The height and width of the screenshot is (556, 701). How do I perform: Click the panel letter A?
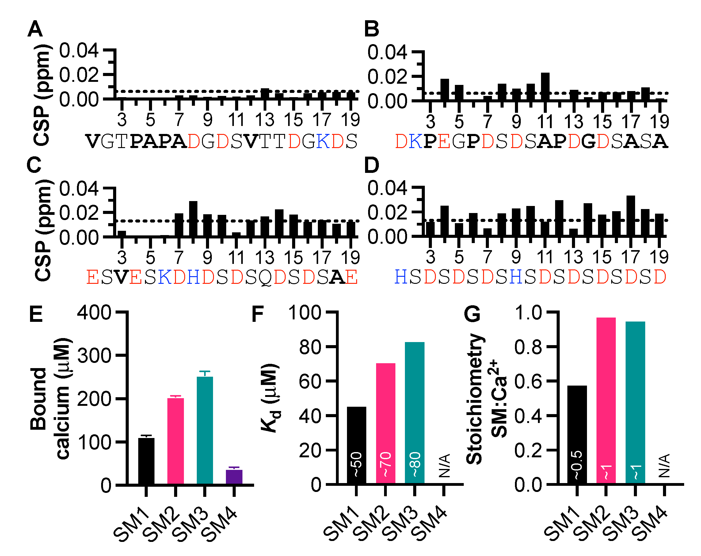click(35, 29)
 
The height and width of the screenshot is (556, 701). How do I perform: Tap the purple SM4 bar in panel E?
click(234, 477)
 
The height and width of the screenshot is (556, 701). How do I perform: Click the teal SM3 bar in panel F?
click(414, 413)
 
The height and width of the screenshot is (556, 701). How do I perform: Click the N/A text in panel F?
click(444, 466)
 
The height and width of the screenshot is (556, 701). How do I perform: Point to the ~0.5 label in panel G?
click(577, 465)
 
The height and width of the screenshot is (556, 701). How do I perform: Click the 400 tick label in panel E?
click(94, 313)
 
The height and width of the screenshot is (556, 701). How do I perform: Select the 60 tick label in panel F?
click(310, 381)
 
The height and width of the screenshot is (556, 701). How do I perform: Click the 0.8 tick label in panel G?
click(528, 347)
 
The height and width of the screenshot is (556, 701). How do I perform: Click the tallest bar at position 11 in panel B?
click(545, 86)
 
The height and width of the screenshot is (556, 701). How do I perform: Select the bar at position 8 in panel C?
click(193, 219)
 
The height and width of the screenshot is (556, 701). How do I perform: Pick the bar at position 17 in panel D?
click(631, 215)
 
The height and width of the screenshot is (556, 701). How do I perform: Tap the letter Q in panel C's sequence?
click(266, 278)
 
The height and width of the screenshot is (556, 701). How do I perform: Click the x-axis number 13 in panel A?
click(265, 120)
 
